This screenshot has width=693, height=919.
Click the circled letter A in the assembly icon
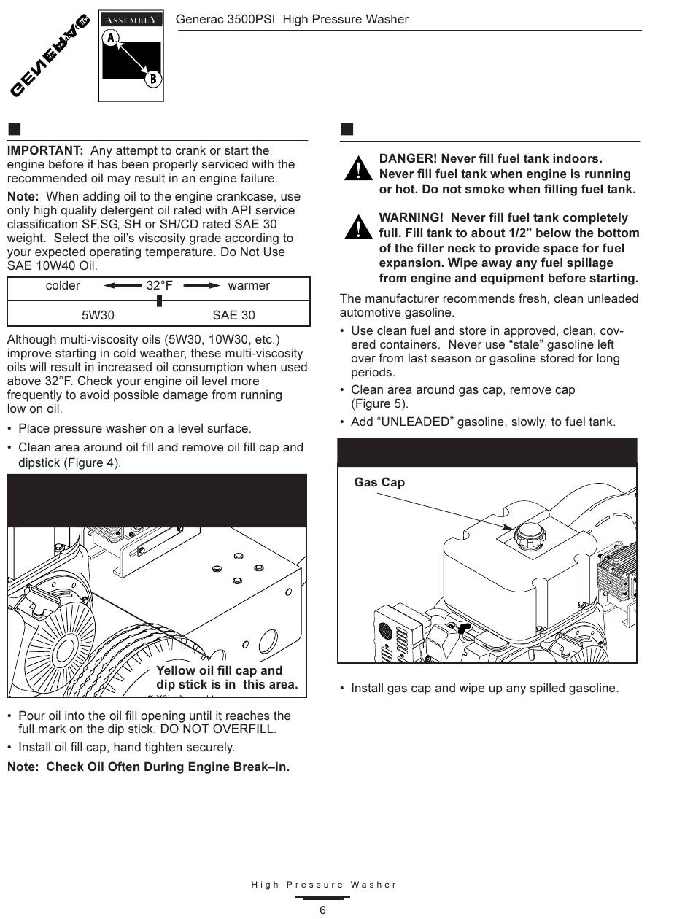coord(110,37)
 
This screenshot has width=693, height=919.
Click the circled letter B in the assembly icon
coord(152,79)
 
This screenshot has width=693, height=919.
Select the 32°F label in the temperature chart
coord(159,285)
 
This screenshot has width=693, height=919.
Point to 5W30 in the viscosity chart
coord(98,315)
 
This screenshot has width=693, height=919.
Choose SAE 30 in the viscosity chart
coord(233,315)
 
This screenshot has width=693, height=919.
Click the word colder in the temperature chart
coord(63,285)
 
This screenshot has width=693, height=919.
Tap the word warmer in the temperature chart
coord(249,285)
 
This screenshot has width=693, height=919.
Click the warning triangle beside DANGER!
coord(358,169)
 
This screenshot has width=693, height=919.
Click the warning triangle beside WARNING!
coord(358,228)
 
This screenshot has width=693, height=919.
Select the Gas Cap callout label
coord(379,482)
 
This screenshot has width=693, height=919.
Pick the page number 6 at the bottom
coord(322,910)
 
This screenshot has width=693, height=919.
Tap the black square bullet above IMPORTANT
coord(14,130)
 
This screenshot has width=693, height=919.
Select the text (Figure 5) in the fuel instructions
coord(379,403)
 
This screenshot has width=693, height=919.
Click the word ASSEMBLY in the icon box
coord(131,20)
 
